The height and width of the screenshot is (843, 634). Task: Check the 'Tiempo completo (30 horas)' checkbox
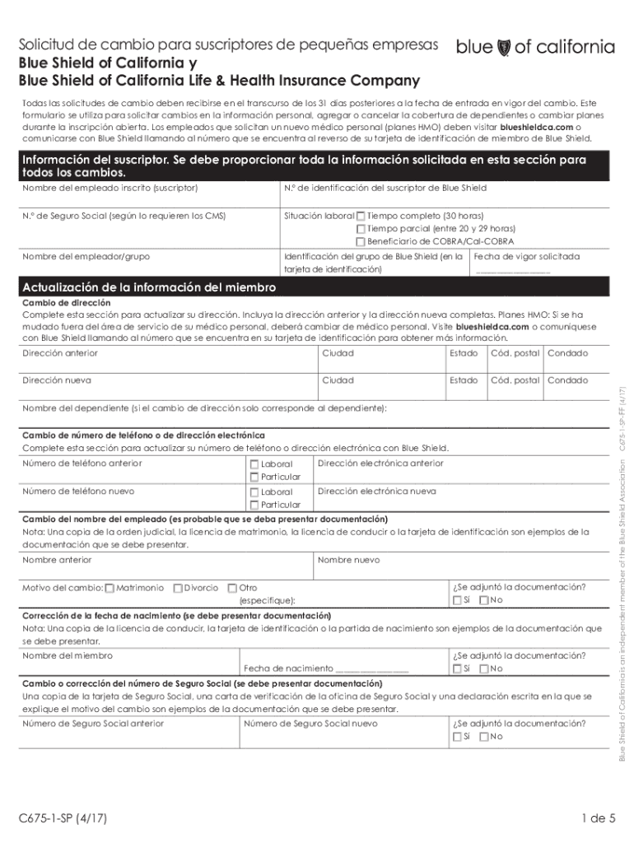pyautogui.click(x=361, y=216)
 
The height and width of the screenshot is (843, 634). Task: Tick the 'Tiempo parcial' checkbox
pyautogui.click(x=361, y=229)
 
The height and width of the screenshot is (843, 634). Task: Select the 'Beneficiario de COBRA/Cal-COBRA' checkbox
pyautogui.click(x=361, y=242)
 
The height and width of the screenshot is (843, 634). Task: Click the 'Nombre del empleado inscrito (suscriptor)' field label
pyautogui.click(x=110, y=189)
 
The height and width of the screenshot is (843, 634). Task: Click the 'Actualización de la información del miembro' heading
pyautogui.click(x=149, y=287)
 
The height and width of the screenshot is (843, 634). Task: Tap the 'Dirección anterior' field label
pyautogui.click(x=60, y=353)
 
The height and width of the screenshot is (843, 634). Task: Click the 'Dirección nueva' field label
pyautogui.click(x=57, y=380)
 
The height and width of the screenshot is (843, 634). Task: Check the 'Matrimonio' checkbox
pyautogui.click(x=110, y=588)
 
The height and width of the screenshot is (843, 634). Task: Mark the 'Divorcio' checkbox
pyautogui.click(x=178, y=588)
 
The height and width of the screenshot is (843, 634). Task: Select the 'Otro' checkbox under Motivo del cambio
pyautogui.click(x=232, y=588)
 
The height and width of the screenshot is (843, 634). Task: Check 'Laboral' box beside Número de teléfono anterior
pyautogui.click(x=254, y=464)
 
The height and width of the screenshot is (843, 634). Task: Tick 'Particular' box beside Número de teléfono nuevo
pyautogui.click(x=254, y=505)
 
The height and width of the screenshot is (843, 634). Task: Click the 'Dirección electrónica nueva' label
pyautogui.click(x=376, y=491)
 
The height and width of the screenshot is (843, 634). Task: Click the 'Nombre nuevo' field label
pyautogui.click(x=348, y=560)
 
